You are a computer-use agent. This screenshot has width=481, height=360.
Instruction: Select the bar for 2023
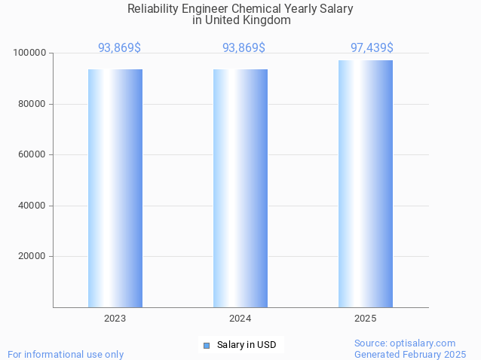pos(115,188)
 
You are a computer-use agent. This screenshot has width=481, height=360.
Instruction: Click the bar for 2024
pos(240,188)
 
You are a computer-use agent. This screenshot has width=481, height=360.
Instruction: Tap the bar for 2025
pos(366,184)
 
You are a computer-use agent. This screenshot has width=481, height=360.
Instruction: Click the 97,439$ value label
pos(372,48)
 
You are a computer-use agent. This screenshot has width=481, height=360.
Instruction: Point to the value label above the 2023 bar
pos(119,48)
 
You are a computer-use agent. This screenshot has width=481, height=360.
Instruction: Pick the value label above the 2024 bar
pos(244,48)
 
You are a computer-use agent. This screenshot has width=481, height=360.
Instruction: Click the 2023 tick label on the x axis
pos(115,319)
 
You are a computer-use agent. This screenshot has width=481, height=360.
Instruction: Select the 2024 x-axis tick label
pos(240,319)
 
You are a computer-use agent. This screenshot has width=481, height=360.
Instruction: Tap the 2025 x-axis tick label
pos(366,319)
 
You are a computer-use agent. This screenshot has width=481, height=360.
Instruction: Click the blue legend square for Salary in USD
pos(207,346)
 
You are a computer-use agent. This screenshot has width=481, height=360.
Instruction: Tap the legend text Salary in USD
pos(247,345)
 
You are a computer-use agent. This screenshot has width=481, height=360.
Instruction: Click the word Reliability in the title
pos(153,9)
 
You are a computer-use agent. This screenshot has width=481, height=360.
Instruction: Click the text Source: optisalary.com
pos(405,343)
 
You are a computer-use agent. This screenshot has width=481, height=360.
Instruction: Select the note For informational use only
pos(66,354)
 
